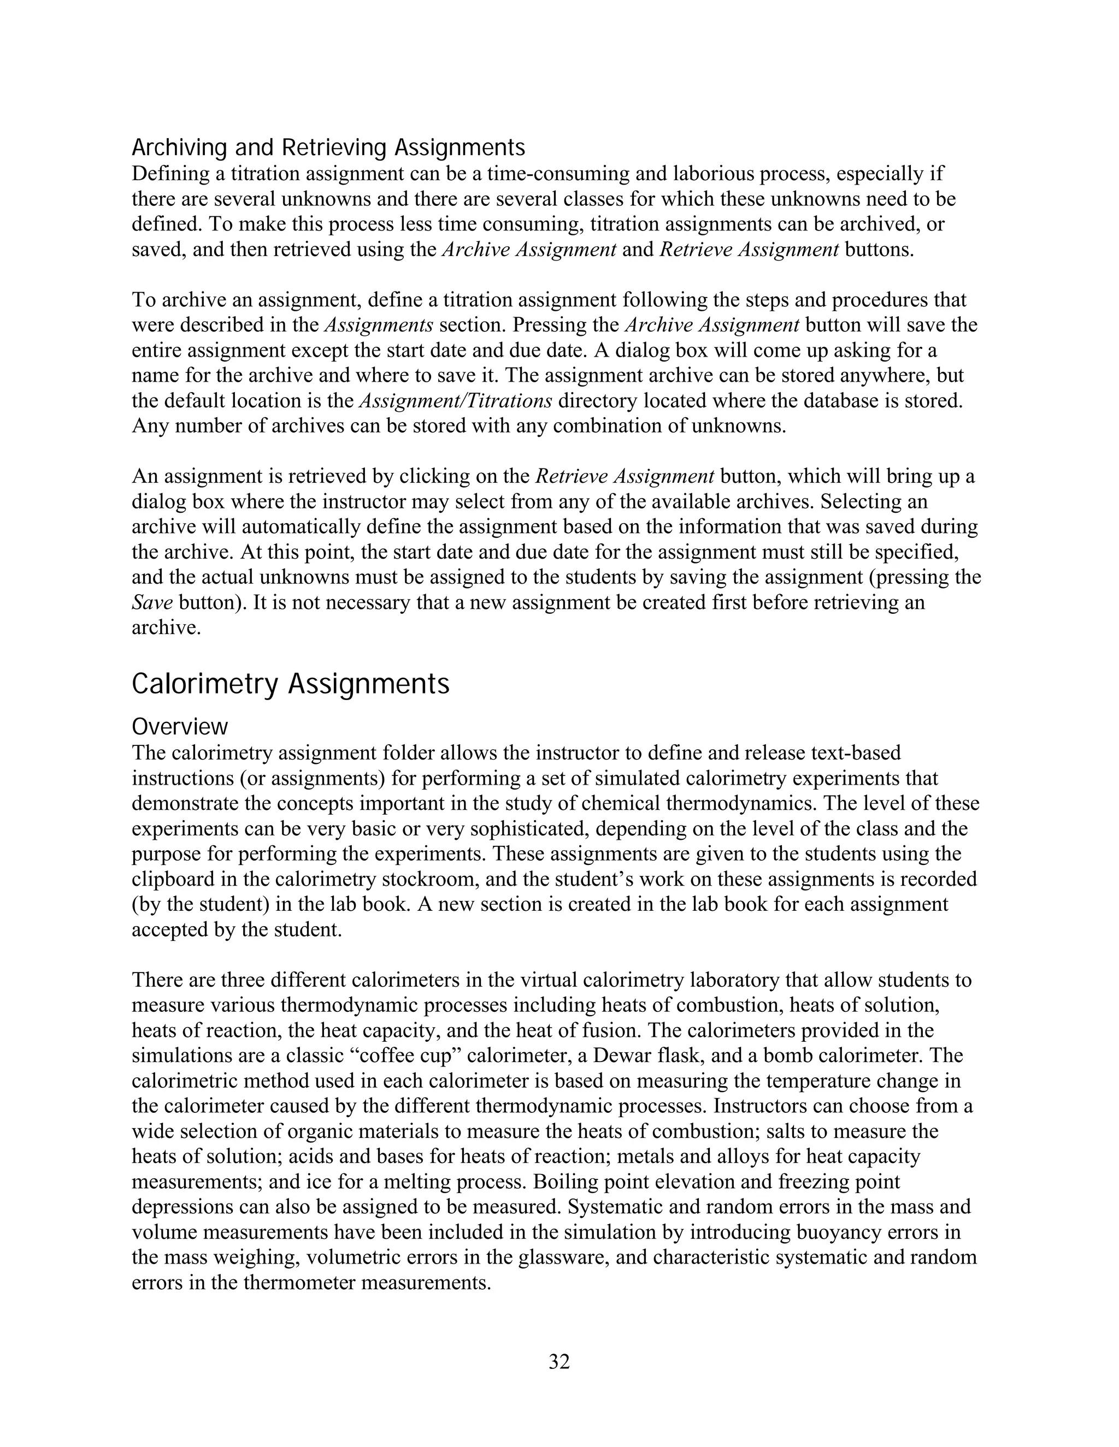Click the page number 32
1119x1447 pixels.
point(559,1361)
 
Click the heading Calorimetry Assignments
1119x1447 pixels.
point(290,684)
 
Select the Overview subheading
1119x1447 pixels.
point(180,727)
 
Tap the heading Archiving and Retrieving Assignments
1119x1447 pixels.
point(328,146)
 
